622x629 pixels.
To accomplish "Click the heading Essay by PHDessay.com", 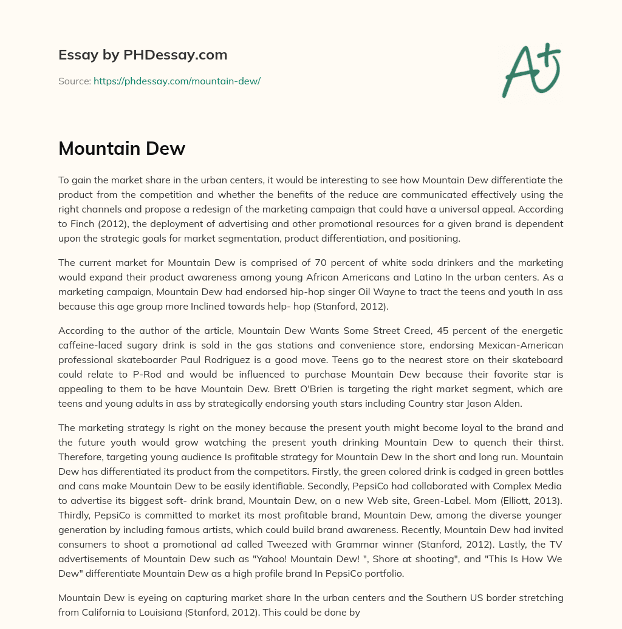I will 143,55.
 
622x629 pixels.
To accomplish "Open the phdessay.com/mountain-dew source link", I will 177,81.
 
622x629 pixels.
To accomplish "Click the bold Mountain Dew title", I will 121,148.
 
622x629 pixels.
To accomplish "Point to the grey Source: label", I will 74,81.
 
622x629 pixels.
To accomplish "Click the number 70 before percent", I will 322,262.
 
